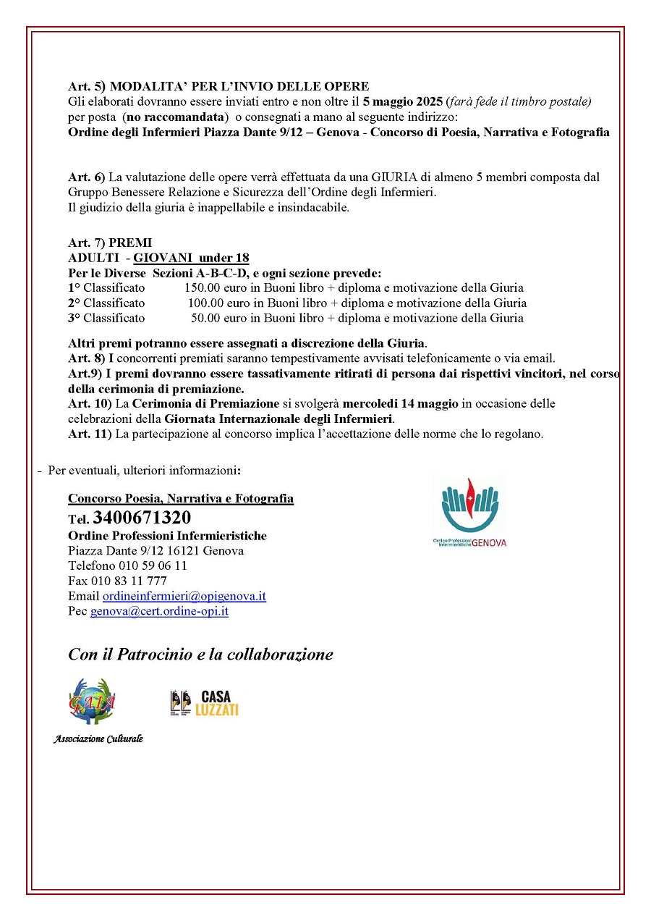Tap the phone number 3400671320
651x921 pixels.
click(x=142, y=518)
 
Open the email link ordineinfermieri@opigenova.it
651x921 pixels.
click(x=184, y=596)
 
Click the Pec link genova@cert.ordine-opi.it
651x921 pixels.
click(x=159, y=611)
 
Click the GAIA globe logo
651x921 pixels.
click(x=92, y=701)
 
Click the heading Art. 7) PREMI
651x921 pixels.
click(x=110, y=243)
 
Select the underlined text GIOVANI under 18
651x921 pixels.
click(x=192, y=258)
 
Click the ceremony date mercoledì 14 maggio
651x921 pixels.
click(x=400, y=403)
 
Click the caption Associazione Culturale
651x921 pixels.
click(x=98, y=739)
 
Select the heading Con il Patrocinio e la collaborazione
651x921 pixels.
click(x=200, y=655)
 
